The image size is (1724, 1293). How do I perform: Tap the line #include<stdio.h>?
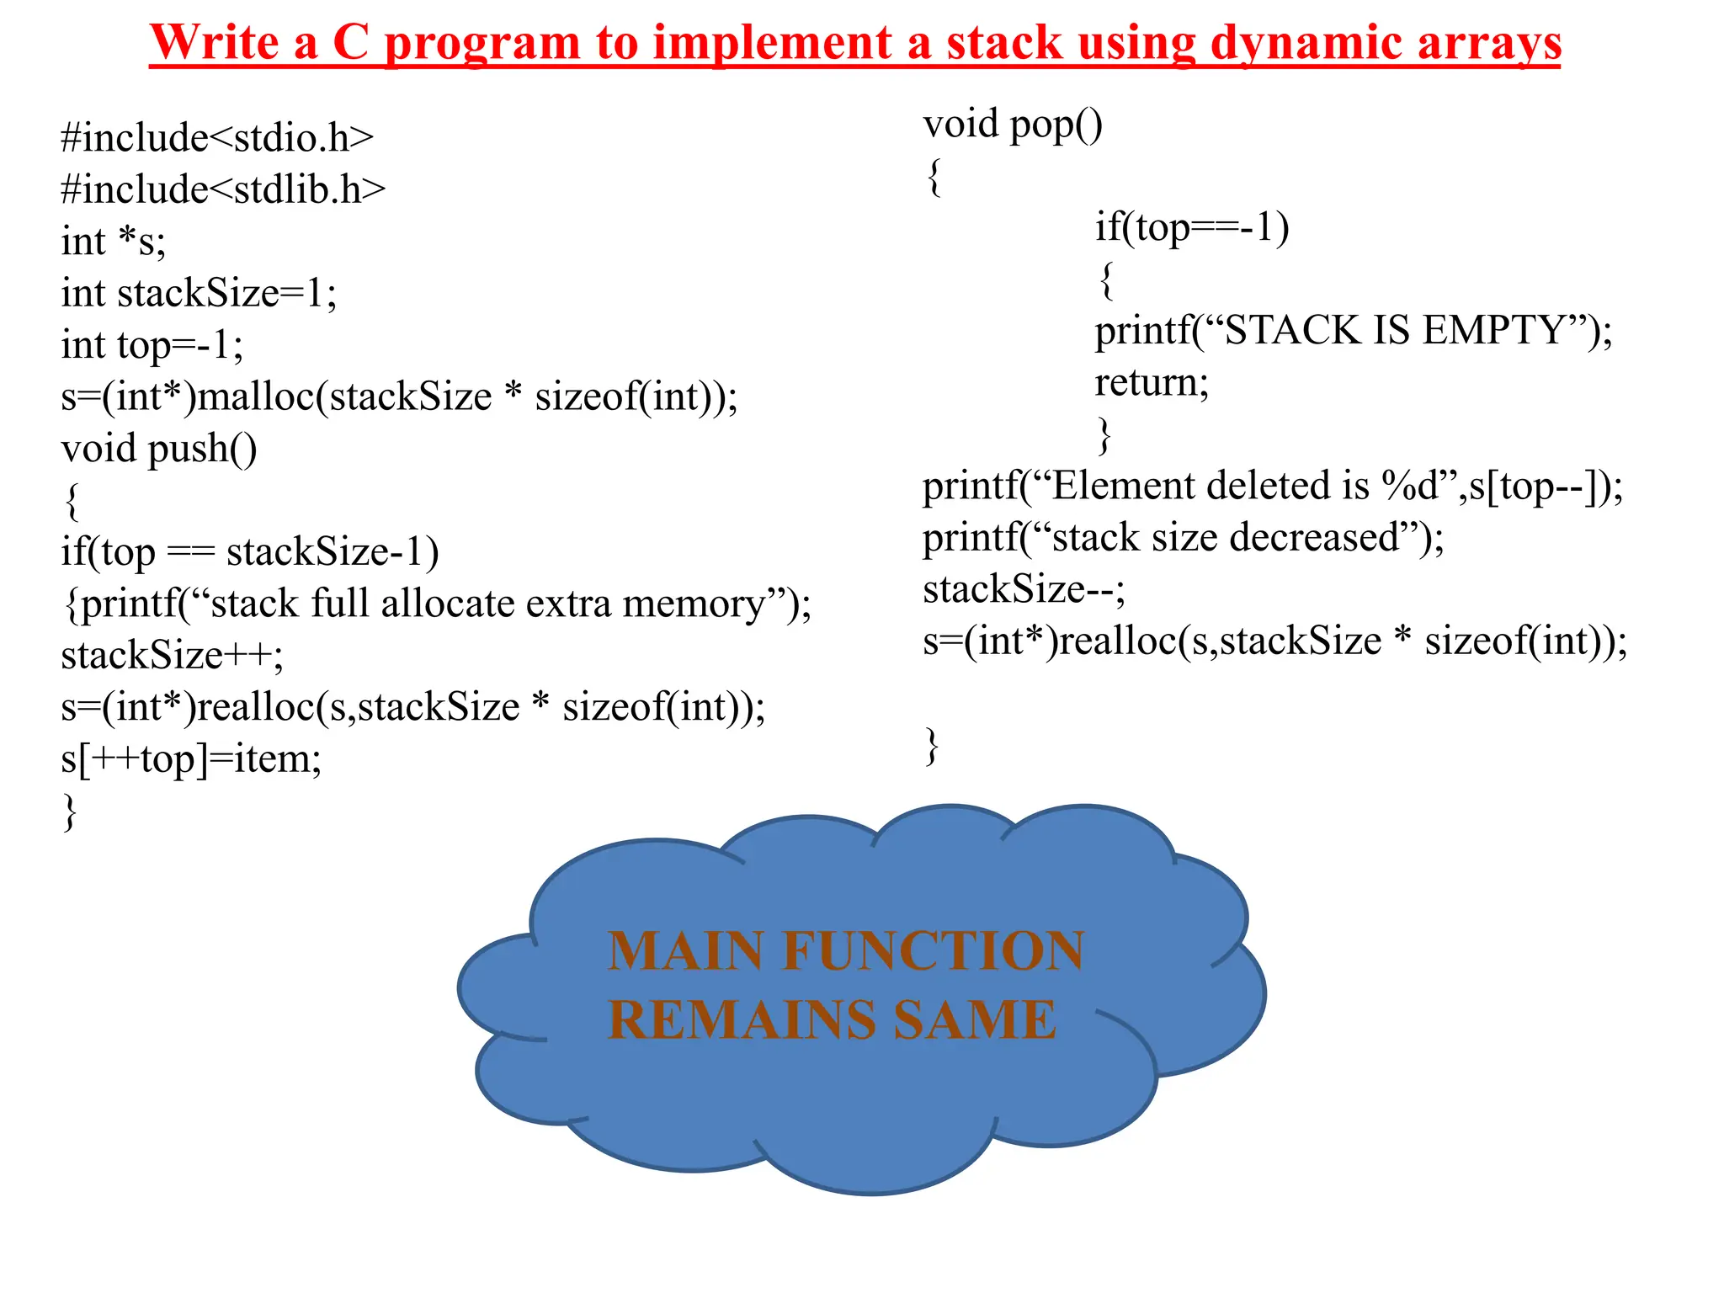[217, 138]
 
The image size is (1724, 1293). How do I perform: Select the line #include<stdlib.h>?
[223, 189]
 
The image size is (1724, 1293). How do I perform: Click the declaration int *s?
[114, 242]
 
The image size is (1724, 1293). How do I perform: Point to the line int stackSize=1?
[199, 294]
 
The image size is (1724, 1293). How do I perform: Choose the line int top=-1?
[152, 345]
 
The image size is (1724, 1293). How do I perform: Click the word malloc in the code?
[256, 396]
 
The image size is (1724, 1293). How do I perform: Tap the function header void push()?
[158, 449]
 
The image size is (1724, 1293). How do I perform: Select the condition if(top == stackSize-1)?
[249, 552]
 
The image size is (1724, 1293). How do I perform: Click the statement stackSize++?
[172, 656]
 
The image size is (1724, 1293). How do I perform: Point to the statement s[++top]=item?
[191, 759]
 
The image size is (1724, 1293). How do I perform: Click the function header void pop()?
[1012, 125]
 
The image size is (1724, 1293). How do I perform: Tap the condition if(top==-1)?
[1191, 228]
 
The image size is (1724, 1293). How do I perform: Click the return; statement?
[1151, 383]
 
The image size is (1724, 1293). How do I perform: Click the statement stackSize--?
[1024, 589]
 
